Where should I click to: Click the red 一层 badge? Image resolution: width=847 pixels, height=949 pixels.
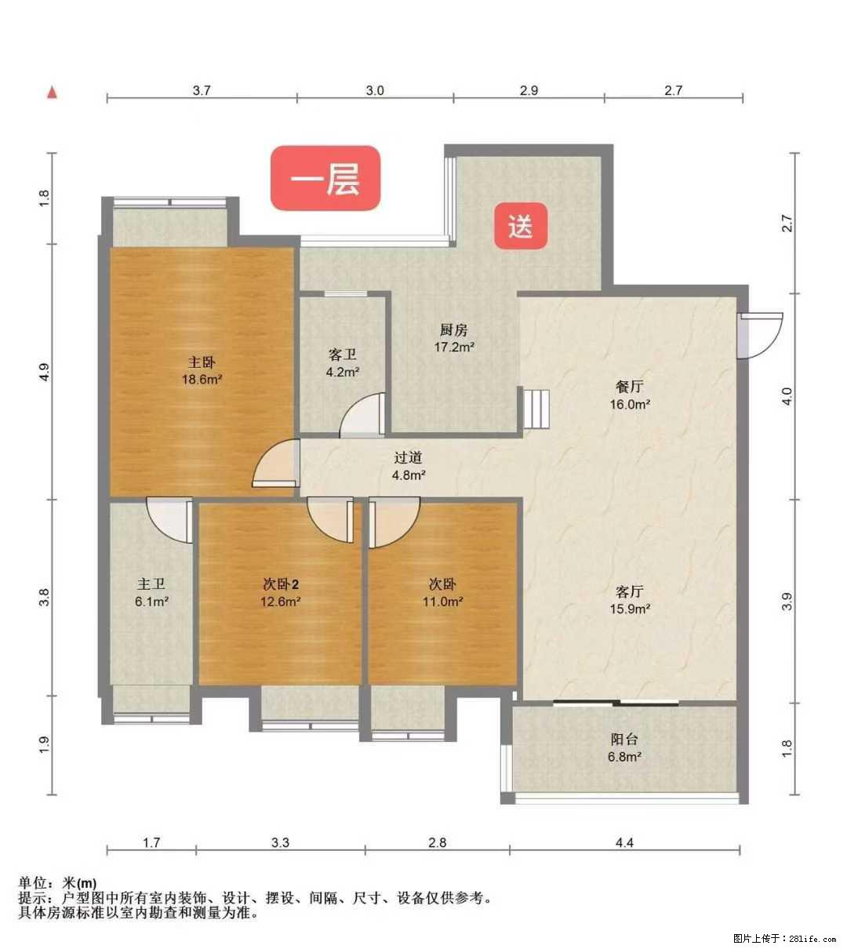(325, 179)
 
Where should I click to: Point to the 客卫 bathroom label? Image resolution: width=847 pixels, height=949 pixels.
(343, 355)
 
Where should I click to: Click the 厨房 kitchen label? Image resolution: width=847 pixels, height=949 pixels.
(454, 329)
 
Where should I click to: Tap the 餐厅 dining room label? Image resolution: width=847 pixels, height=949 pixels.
(630, 387)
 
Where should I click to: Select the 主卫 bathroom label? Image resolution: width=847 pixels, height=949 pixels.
(151, 584)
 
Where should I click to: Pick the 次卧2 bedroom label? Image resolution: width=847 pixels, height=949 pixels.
(281, 584)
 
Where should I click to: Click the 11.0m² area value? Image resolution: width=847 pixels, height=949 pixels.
(442, 602)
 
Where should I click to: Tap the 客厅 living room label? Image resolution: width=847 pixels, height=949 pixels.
(630, 591)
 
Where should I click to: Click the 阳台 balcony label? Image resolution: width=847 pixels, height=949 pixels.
(624, 739)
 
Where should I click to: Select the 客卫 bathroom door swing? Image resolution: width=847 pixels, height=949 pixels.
(362, 416)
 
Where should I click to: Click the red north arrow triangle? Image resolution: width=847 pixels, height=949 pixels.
(53, 93)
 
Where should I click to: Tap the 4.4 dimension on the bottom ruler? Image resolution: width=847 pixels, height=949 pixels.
(623, 843)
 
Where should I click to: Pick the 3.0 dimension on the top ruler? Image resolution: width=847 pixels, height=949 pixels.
(375, 90)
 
